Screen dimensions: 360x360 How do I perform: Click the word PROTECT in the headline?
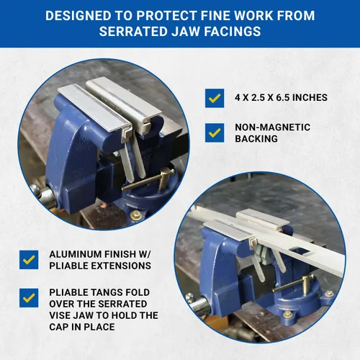(x=166, y=16)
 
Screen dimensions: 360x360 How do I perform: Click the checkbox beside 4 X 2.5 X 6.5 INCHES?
(x=215, y=98)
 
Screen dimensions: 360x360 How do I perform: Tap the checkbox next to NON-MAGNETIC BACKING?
(x=215, y=132)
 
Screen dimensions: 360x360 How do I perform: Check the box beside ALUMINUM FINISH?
(x=29, y=260)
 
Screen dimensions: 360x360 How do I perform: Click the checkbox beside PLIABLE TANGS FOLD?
(x=29, y=298)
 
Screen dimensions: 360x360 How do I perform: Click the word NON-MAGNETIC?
(x=273, y=127)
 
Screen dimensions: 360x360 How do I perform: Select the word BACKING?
(x=256, y=139)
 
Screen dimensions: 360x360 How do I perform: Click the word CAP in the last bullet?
(x=58, y=327)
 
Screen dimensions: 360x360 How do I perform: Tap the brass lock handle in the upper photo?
(x=150, y=181)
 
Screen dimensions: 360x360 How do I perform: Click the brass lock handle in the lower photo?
(x=295, y=284)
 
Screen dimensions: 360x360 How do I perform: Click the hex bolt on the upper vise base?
(x=135, y=215)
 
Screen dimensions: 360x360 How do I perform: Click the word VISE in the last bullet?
(x=60, y=315)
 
